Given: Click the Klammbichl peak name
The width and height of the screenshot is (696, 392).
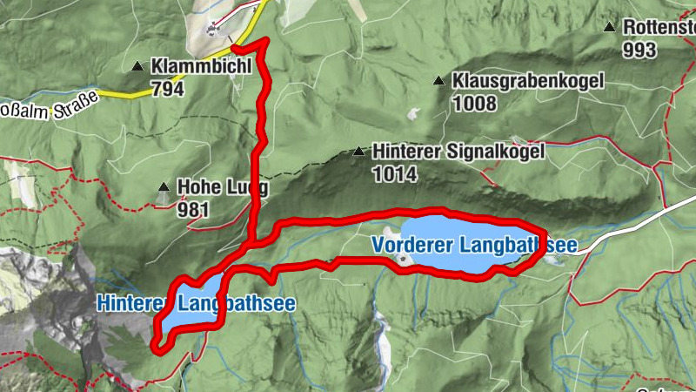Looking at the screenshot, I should (x=201, y=65).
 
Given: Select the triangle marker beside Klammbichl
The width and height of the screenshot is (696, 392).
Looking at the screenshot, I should (x=137, y=66).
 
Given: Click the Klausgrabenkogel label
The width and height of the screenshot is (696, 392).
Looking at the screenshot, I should (x=527, y=81).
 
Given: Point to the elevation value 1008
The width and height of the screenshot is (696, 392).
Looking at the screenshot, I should (x=474, y=104).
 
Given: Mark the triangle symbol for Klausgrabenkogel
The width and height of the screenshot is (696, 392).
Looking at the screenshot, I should (x=438, y=81).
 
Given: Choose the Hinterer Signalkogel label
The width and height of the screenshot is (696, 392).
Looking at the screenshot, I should (x=458, y=152).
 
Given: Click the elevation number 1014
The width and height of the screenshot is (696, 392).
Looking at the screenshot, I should (x=394, y=174).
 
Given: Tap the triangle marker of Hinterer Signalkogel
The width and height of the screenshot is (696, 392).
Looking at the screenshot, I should (x=358, y=152).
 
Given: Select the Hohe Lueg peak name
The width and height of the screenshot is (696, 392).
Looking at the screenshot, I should (x=223, y=186).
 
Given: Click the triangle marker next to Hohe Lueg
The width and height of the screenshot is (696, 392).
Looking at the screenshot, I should (x=163, y=186).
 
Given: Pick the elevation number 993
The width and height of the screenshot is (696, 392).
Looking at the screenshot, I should (x=639, y=50).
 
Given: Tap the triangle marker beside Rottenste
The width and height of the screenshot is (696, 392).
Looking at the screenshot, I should (x=611, y=27).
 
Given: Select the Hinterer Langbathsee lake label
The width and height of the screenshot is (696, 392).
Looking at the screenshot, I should (x=196, y=304).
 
